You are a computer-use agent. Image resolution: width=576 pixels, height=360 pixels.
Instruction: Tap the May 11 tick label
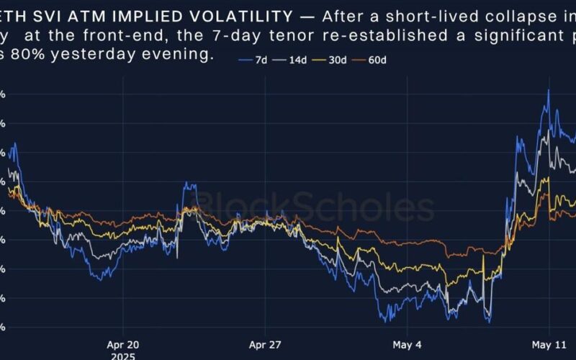tap(550, 344)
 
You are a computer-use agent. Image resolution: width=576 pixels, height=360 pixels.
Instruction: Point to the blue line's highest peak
tap(549, 90)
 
